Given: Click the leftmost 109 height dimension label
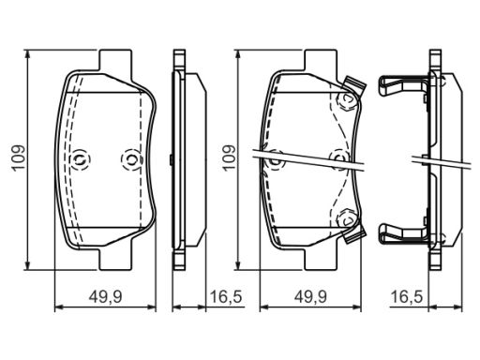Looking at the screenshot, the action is pyautogui.click(x=19, y=157).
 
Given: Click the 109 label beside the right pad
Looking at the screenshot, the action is pyautogui.click(x=229, y=157).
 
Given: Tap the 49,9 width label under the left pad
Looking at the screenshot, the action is pyautogui.click(x=105, y=296).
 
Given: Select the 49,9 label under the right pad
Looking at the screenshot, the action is pyautogui.click(x=310, y=296).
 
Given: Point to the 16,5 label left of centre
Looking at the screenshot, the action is pyautogui.click(x=226, y=296).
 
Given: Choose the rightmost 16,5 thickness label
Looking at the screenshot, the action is pyautogui.click(x=407, y=296).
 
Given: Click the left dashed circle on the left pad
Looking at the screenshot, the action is pyautogui.click(x=80, y=159).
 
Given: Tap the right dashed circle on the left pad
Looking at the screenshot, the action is pyautogui.click(x=131, y=159).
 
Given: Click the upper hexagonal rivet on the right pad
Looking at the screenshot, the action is pyautogui.click(x=346, y=99).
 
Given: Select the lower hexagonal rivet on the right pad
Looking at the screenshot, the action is pyautogui.click(x=346, y=219).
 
